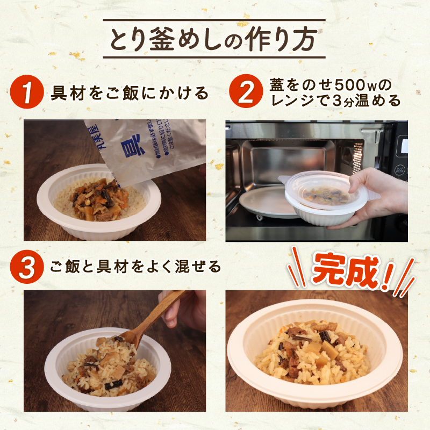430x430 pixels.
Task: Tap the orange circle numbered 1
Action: point(26,92)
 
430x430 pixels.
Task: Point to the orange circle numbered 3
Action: point(26,266)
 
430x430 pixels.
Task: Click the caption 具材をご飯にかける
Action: point(128,93)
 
